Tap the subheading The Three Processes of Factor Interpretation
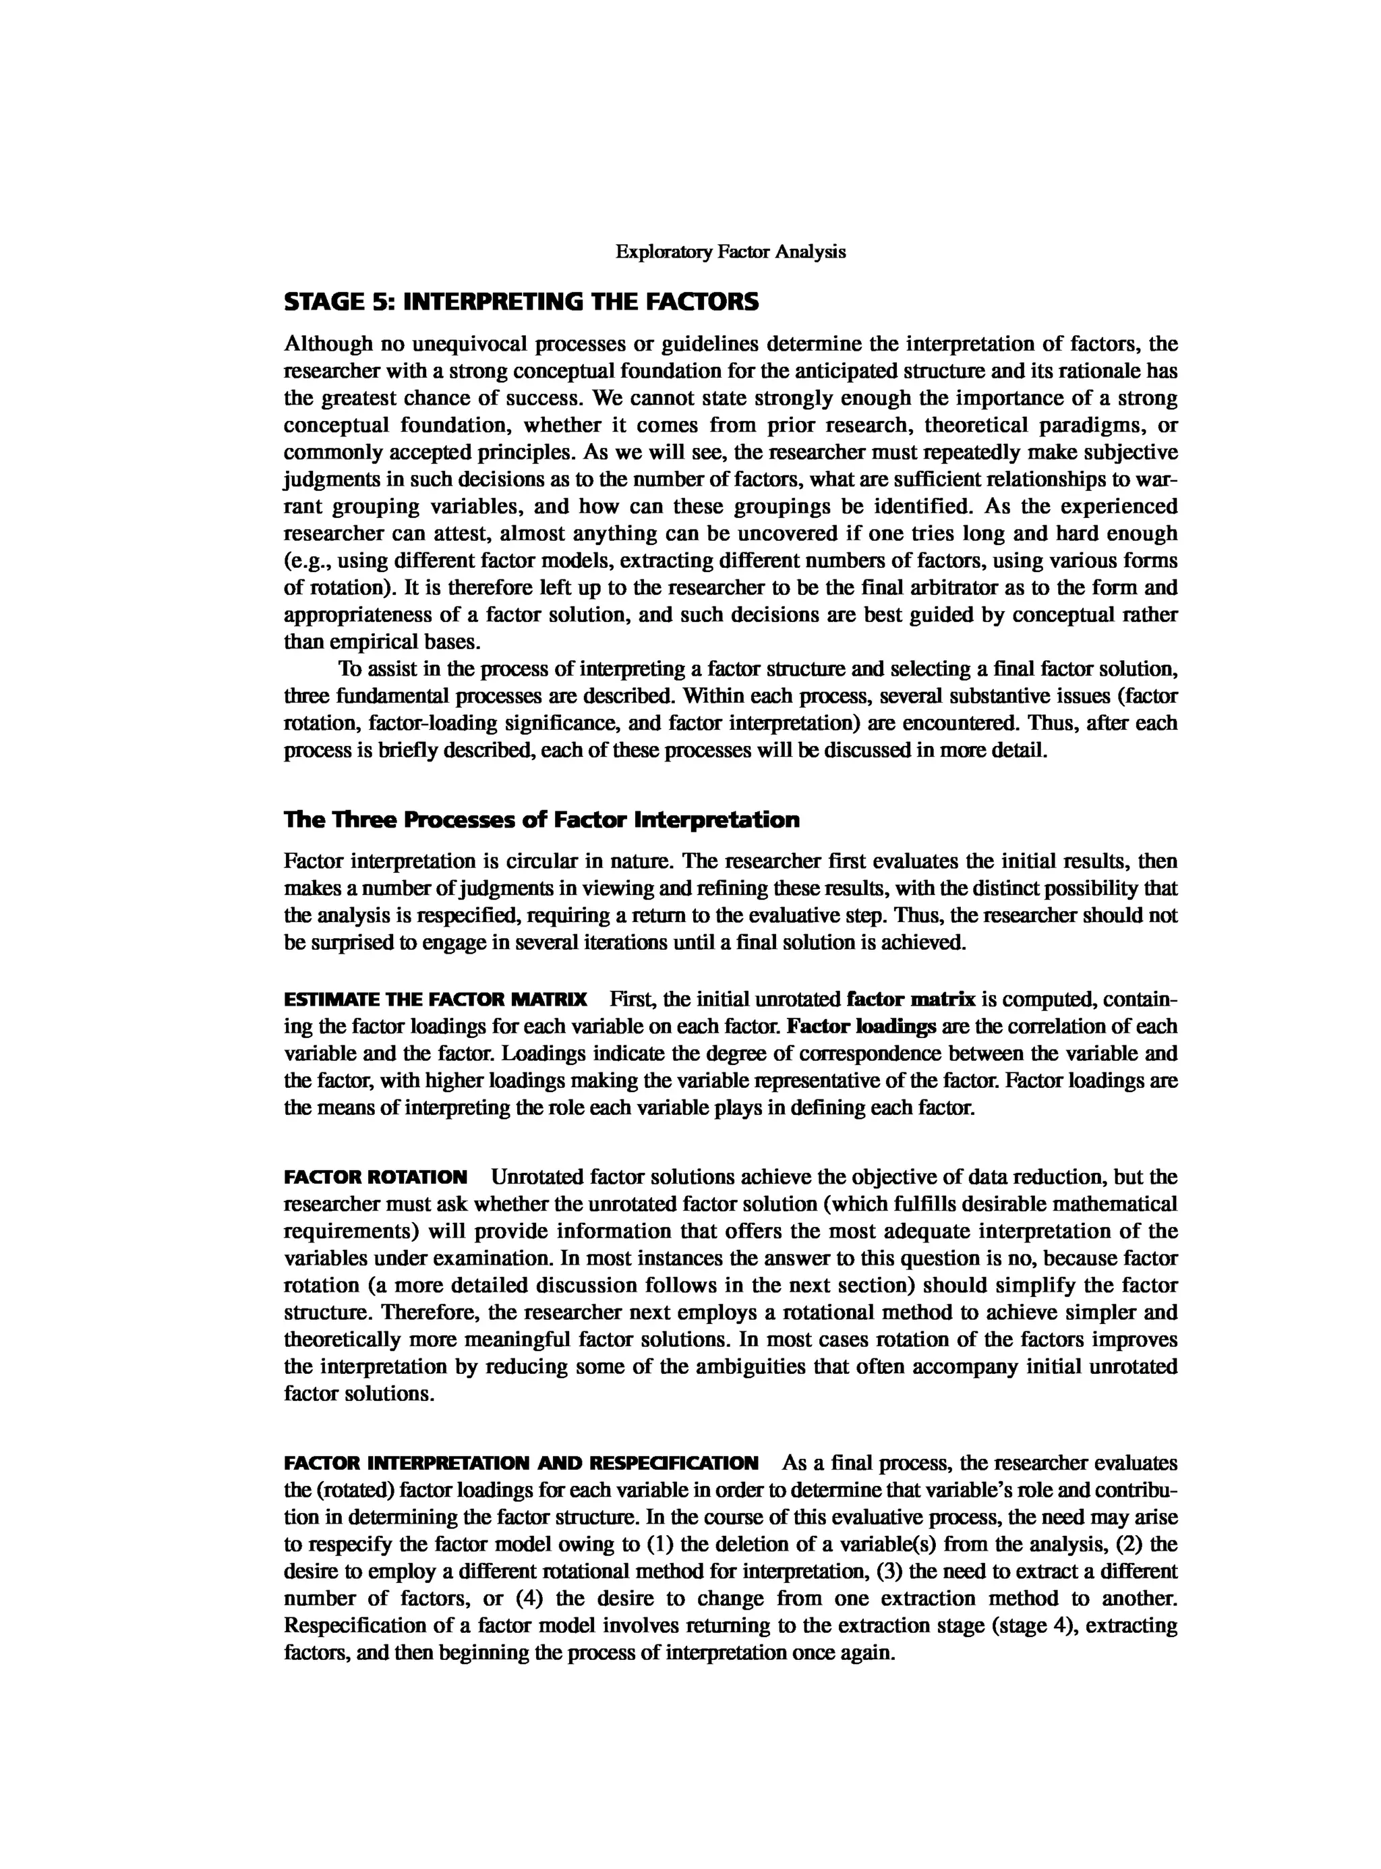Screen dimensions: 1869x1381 pyautogui.click(x=541, y=820)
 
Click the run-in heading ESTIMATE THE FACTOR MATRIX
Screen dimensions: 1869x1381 pyautogui.click(x=436, y=1000)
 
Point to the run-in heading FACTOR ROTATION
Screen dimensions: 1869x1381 pyautogui.click(x=376, y=1178)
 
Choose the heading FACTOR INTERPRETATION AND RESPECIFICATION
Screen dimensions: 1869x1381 pyautogui.click(x=521, y=1464)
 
